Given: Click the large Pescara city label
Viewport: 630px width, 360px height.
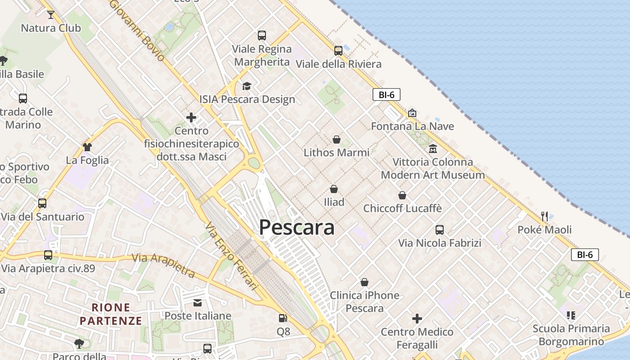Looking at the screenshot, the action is click(x=297, y=228).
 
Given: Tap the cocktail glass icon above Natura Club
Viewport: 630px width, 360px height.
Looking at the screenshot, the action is click(x=50, y=15).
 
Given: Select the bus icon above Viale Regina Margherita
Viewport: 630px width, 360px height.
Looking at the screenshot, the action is click(x=261, y=35).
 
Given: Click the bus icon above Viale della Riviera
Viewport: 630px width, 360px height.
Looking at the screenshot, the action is click(x=338, y=50).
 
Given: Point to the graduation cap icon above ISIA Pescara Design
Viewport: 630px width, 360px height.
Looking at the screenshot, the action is click(x=247, y=86).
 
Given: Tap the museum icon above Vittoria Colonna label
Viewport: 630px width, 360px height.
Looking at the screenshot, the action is click(x=433, y=148).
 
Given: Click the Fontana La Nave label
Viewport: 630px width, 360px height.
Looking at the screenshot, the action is click(x=412, y=126).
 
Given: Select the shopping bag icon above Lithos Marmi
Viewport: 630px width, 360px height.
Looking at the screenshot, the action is click(x=337, y=139).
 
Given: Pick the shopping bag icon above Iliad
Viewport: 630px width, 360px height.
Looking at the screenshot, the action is click(x=334, y=189).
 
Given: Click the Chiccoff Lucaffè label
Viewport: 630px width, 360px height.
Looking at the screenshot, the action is click(x=402, y=209).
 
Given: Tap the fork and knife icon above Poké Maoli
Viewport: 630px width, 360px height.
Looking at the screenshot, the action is click(x=544, y=216).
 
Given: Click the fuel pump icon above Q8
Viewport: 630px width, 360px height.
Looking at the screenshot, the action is click(x=283, y=318).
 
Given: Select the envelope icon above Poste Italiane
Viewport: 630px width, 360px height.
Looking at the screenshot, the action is click(x=198, y=302).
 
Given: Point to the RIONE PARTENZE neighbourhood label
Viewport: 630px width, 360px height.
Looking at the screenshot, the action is click(x=111, y=314).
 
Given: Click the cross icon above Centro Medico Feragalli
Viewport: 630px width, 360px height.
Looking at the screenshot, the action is click(x=417, y=319).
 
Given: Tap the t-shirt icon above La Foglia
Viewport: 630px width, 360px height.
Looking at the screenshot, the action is click(x=87, y=147).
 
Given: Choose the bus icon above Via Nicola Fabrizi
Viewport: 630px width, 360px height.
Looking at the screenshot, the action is click(x=440, y=230).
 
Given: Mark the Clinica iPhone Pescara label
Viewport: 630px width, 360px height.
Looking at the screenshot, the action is click(x=364, y=302).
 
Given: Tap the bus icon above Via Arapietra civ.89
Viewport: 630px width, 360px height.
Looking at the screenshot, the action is click(x=48, y=255).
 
